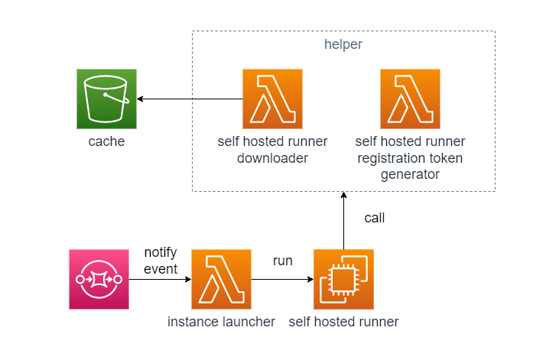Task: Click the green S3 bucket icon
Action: click(x=106, y=99)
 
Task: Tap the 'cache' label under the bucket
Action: click(x=106, y=142)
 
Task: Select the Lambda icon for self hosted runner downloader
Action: click(x=272, y=99)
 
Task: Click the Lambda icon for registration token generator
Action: click(x=410, y=99)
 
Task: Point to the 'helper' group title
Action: click(x=343, y=44)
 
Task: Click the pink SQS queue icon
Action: click(x=99, y=279)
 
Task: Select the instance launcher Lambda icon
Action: click(x=221, y=279)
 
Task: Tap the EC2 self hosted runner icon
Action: click(x=343, y=279)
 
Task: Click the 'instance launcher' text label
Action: click(x=221, y=322)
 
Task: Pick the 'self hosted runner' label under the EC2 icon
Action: click(x=343, y=322)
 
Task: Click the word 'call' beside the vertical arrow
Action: click(x=375, y=218)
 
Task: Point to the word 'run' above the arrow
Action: click(x=283, y=261)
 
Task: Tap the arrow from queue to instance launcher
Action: click(x=160, y=279)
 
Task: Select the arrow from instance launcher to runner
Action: click(x=282, y=279)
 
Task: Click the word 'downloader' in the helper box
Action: click(x=272, y=158)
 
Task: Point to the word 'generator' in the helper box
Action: click(x=410, y=174)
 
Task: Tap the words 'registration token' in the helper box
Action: click(x=410, y=158)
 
